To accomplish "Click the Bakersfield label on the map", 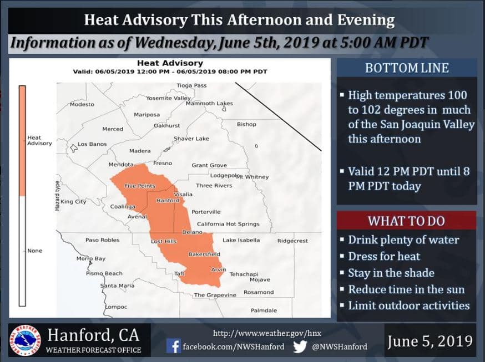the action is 204,254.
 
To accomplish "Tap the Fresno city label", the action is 163,163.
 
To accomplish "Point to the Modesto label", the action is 82,104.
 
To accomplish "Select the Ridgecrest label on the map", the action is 292,241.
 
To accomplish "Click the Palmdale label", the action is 264,310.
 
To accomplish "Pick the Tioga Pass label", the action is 191,85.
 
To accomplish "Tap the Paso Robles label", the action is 102,240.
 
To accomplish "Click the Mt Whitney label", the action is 252,177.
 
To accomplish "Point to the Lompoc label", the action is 116,307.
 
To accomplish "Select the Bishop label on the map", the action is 246,124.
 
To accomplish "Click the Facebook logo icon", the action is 174,346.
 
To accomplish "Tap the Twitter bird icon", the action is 300,346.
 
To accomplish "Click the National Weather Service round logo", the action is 25,340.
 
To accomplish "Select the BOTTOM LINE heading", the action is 407,68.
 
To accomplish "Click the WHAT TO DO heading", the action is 406,221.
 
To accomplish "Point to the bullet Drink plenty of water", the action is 403,240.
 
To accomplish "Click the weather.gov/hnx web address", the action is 267,333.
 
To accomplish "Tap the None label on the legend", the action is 34,251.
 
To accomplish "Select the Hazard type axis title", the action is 57,196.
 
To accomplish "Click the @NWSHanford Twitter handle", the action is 340,346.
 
